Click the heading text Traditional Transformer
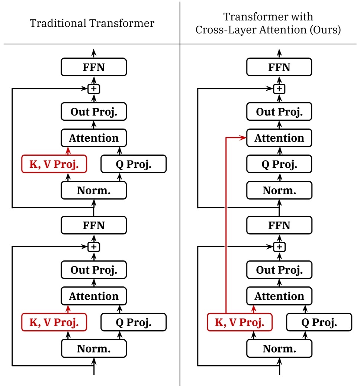coord(92,23)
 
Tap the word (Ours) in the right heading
coord(326,30)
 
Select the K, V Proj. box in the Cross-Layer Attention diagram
coord(240,322)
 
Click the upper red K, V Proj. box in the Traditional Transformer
coord(54,164)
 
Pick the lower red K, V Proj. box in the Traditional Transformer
coord(54,322)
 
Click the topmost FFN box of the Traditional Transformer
coord(94,67)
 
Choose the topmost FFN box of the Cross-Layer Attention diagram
coord(279,67)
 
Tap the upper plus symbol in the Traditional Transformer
coord(94,89)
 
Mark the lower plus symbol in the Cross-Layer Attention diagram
coord(279,247)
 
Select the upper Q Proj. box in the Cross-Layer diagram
coord(279,164)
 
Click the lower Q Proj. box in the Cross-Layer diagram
coord(319,322)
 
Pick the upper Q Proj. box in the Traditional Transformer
coord(134,164)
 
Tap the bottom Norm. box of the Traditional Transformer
coord(94,349)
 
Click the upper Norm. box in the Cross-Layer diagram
coord(279,191)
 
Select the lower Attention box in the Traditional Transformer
coord(94,296)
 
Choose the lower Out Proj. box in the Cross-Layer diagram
coord(279,270)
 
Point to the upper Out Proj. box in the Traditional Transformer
coord(94,112)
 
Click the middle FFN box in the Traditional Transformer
coord(94,226)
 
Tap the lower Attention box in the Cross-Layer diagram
coord(279,296)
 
